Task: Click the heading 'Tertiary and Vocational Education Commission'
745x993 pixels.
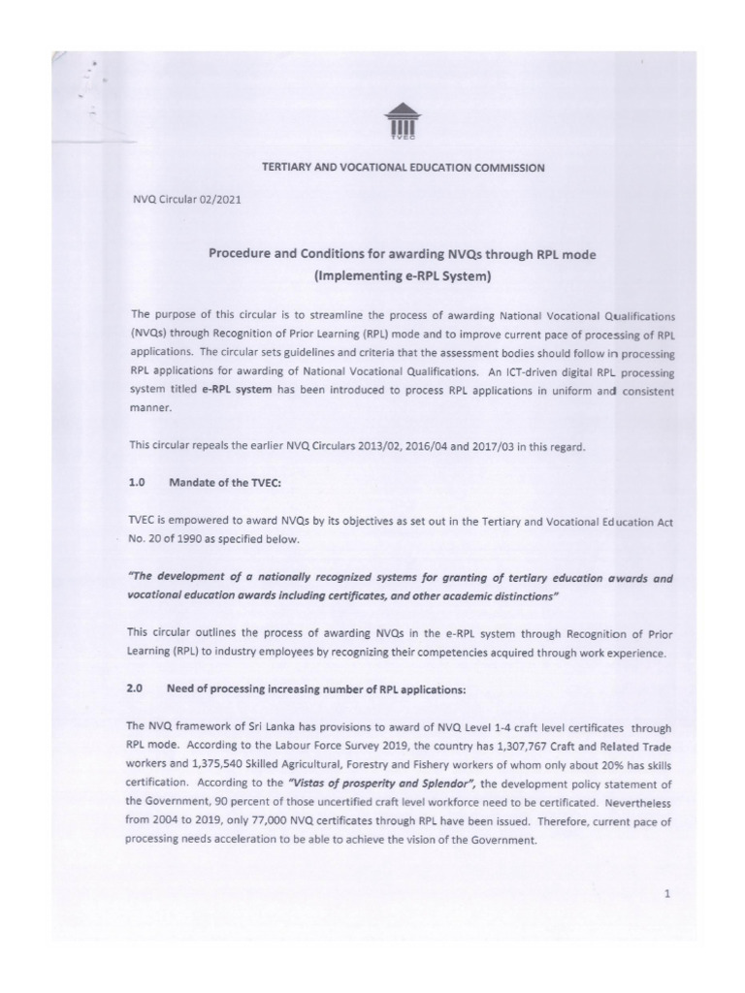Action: [x=404, y=168]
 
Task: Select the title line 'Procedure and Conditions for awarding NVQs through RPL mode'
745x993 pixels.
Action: [x=403, y=254]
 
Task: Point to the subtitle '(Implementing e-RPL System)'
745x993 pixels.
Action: [x=403, y=276]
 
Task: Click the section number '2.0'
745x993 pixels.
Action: [x=136, y=689]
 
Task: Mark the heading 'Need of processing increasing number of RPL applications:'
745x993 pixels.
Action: [x=316, y=689]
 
